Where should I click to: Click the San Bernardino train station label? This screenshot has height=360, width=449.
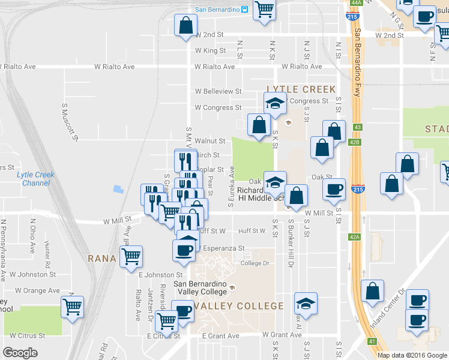pyautogui.click(x=217, y=9)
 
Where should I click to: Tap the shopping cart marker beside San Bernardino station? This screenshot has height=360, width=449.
pyautogui.click(x=264, y=10)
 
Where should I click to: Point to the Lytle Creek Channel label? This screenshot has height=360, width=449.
pyautogui.click(x=35, y=179)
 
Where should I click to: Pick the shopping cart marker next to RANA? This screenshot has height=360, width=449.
pyautogui.click(x=131, y=257)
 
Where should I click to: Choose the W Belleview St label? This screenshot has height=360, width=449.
pyautogui.click(x=218, y=92)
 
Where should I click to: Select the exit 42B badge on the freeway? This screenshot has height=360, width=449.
pyautogui.click(x=356, y=142)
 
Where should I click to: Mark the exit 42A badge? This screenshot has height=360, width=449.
pyautogui.click(x=355, y=237)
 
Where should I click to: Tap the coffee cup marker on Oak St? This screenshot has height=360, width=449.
pyautogui.click(x=334, y=189)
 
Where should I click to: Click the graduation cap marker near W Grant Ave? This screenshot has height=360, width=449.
pyautogui.click(x=306, y=303)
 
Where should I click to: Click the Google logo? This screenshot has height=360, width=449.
pyautogui.click(x=20, y=353)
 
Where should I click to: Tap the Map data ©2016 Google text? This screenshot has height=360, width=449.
pyautogui.click(x=412, y=355)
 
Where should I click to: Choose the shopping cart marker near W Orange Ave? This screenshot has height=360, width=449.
pyautogui.click(x=73, y=307)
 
